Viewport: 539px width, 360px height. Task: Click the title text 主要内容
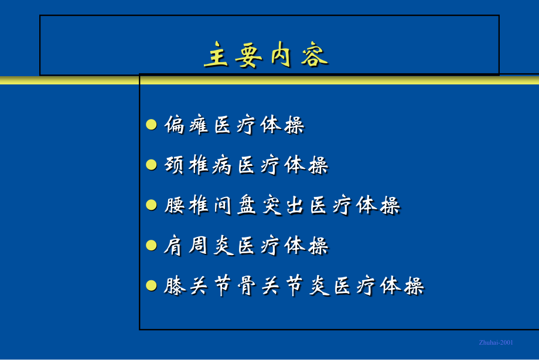266,56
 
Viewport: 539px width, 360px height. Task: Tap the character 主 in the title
216,56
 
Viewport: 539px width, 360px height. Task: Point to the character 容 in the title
316,56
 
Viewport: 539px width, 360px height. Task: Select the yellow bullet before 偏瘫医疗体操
151,124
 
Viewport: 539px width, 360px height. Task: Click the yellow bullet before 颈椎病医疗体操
151,165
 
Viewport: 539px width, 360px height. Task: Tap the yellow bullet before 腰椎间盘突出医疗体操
151,205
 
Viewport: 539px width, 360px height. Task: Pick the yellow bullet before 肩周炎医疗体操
151,245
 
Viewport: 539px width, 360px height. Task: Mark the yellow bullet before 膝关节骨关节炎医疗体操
151,286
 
